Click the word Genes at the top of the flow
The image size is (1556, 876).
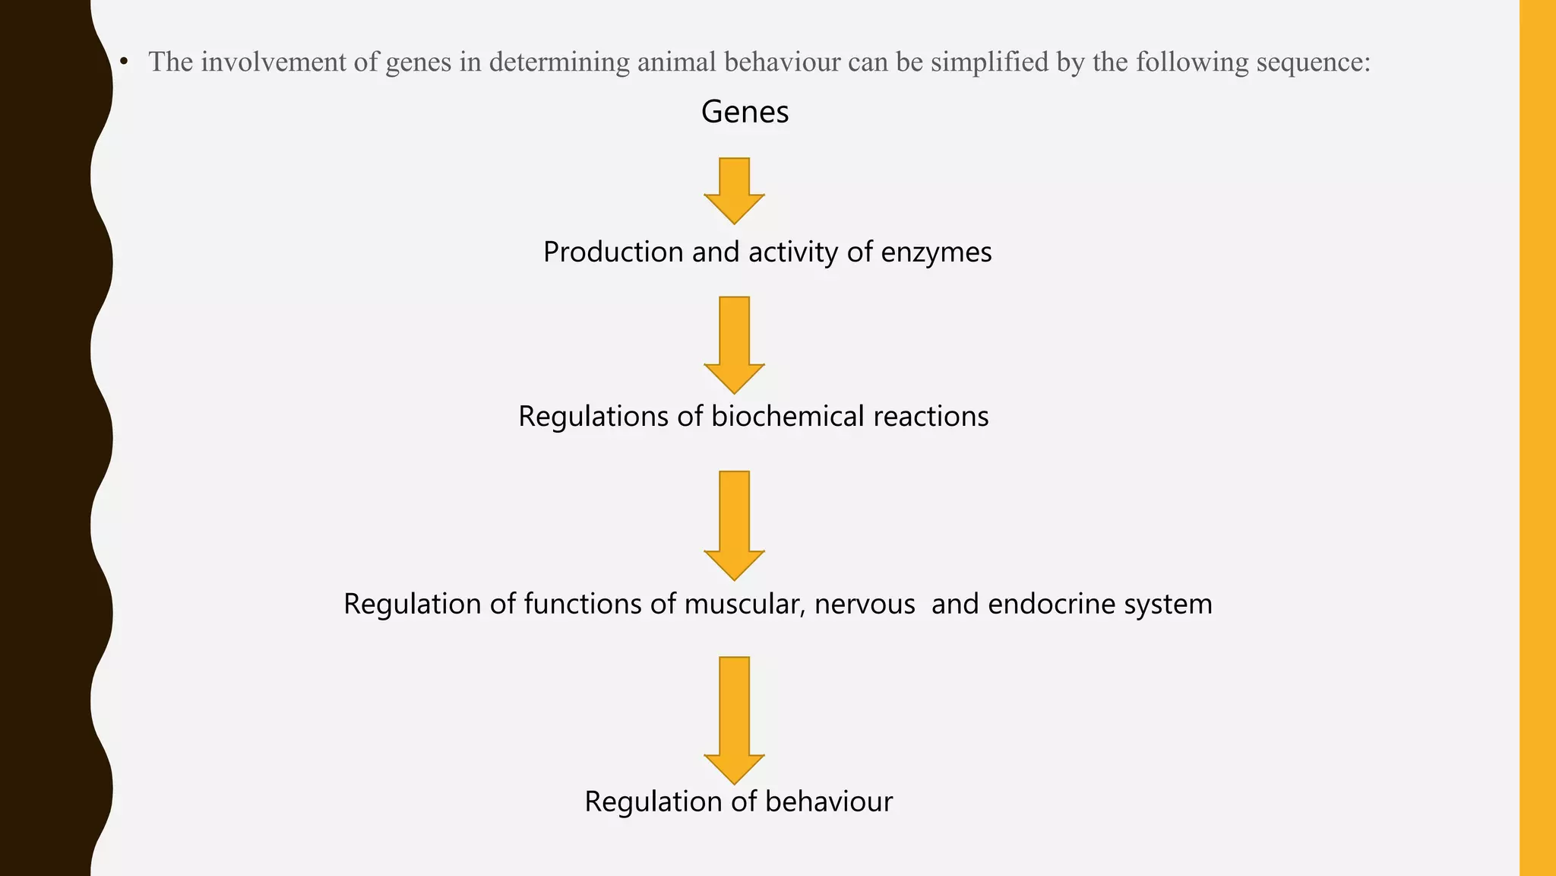click(x=745, y=112)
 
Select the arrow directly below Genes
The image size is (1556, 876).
click(x=734, y=189)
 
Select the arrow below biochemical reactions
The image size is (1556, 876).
click(x=734, y=524)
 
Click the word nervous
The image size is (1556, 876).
click(x=865, y=604)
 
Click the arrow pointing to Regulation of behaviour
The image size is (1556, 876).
click(x=734, y=719)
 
